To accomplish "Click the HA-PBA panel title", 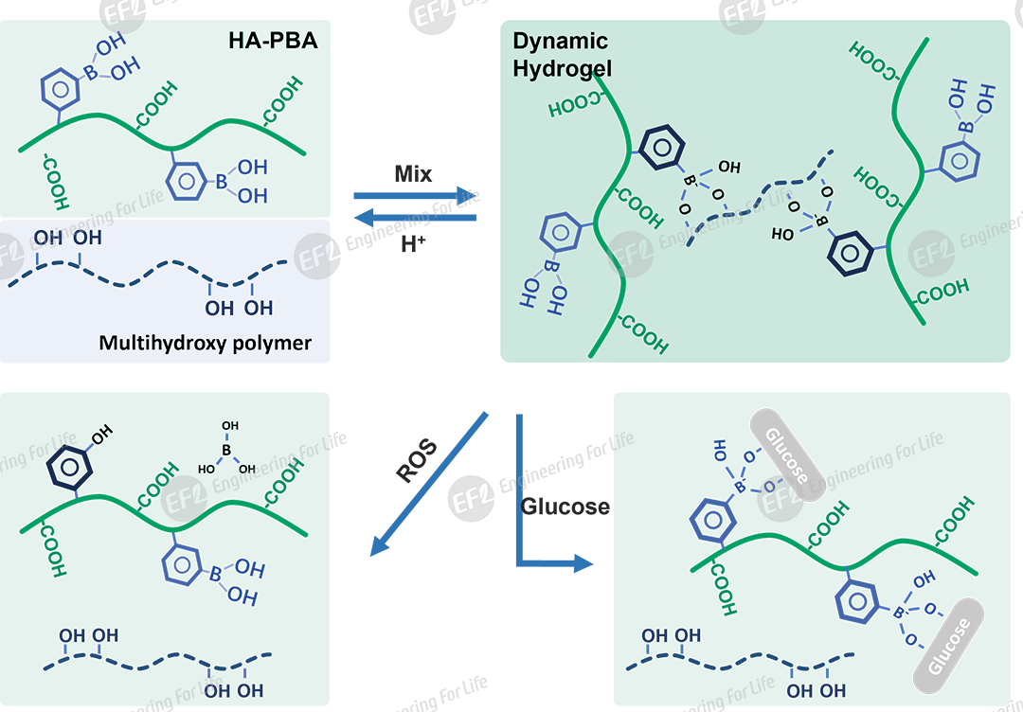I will (x=273, y=41).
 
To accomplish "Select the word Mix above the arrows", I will (x=413, y=174).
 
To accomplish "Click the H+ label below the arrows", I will (x=413, y=244).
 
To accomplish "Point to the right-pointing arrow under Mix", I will (x=415, y=196).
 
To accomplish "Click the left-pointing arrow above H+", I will (x=415, y=218).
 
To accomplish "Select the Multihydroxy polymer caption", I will (x=205, y=343).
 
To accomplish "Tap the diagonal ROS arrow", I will (x=428, y=484).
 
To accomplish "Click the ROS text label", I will (x=417, y=461).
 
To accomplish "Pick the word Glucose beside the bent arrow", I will (x=565, y=507).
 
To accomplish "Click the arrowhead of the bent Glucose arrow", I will (x=582, y=564).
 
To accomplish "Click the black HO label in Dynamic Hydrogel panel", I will (x=782, y=234).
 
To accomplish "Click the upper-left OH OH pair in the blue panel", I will (x=67, y=236).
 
